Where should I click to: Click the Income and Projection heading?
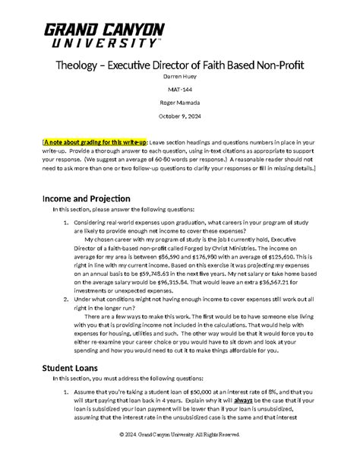86,198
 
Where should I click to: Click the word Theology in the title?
82,65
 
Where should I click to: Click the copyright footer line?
179,455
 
